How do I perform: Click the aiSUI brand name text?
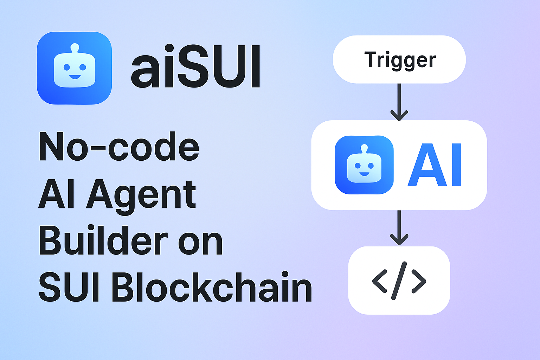coord(195,66)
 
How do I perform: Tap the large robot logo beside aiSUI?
coord(74,68)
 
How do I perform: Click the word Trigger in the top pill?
coord(400,60)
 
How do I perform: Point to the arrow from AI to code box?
coord(399,228)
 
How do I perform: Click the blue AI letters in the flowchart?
coord(434,165)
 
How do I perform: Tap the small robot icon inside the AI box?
coord(364,165)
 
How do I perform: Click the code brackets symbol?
coord(399,281)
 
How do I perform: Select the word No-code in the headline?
coord(119,147)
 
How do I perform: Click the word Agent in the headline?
coord(141,194)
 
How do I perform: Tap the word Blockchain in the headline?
coord(212,288)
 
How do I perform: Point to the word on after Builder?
coord(200,243)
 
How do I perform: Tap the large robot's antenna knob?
coord(75,46)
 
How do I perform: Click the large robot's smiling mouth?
coord(75,77)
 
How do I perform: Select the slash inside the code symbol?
coord(399,281)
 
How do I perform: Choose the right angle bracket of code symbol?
coord(418,281)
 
